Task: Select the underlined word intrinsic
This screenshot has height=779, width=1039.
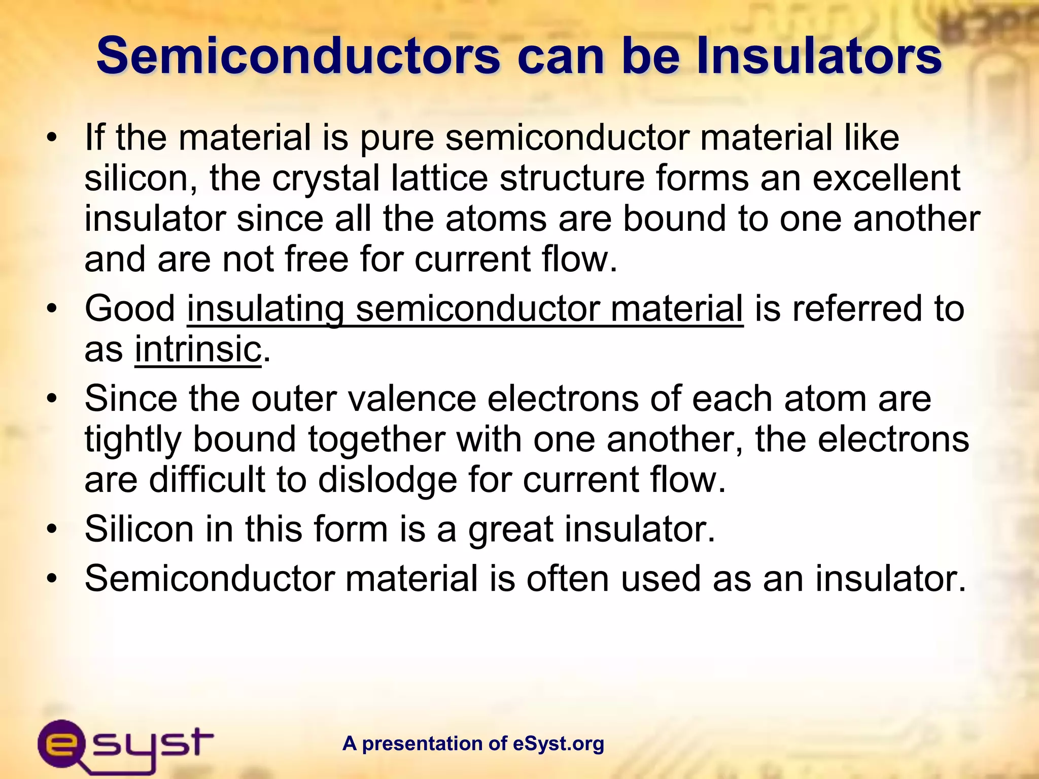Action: point(198,349)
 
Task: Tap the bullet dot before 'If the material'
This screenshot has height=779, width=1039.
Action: point(51,138)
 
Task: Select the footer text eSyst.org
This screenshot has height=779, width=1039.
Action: point(559,743)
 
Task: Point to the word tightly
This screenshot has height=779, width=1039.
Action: point(132,440)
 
